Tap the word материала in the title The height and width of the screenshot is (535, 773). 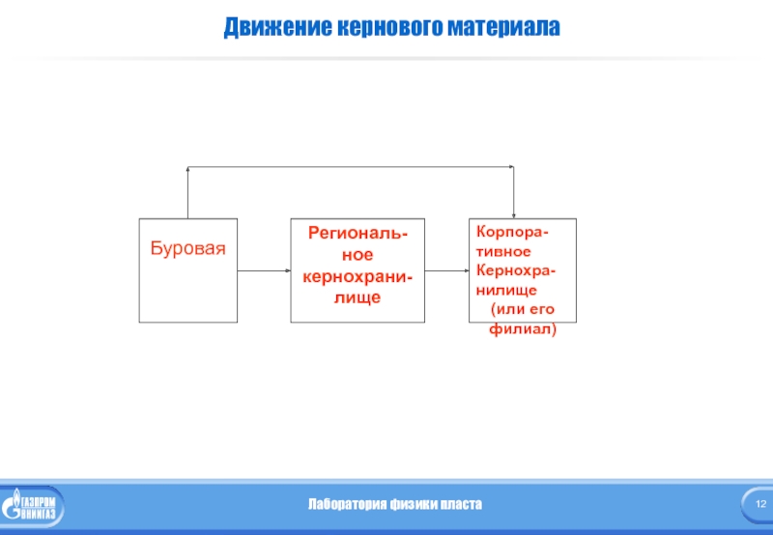pos(502,26)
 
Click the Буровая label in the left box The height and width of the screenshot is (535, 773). pos(187,247)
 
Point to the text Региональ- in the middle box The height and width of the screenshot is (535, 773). pos(358,234)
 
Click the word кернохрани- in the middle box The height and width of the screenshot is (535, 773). pos(358,276)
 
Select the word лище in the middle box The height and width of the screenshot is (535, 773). pos(358,297)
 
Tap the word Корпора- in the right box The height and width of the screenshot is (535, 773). pos(509,235)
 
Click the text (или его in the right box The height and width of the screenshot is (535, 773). pos(522,308)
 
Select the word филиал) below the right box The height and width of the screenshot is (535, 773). pos(523,329)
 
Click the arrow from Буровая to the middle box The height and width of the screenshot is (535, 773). pos(264,270)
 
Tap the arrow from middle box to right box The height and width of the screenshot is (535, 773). pos(446,270)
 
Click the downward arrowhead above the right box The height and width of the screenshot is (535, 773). pos(514,213)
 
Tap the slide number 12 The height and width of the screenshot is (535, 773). pos(758,505)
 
